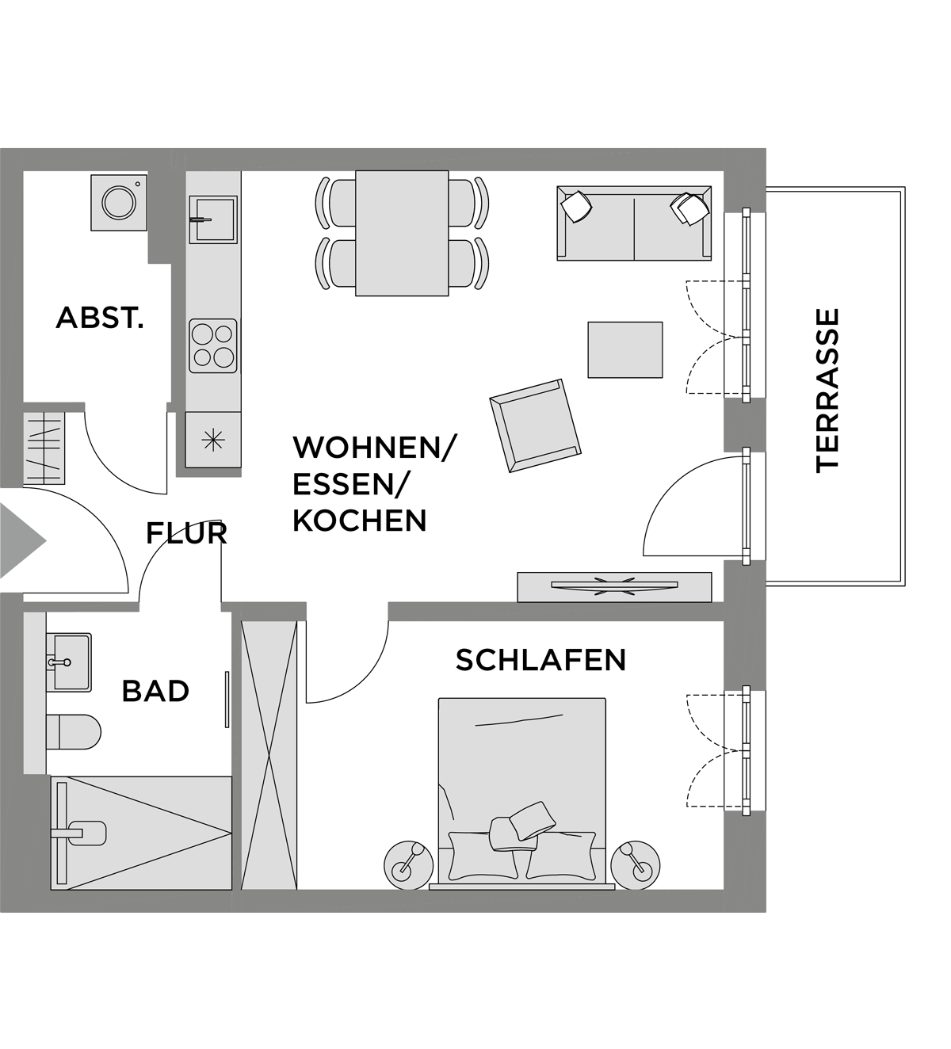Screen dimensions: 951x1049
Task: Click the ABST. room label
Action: (x=99, y=318)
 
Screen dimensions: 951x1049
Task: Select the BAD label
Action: (x=155, y=692)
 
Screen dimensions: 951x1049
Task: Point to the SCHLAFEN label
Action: (x=541, y=660)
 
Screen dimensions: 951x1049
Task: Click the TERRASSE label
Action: (x=827, y=391)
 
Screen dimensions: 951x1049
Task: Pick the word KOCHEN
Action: (x=360, y=521)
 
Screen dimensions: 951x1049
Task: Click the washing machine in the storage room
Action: (x=119, y=202)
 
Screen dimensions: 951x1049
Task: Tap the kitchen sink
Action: (x=213, y=219)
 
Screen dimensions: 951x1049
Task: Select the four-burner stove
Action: (x=213, y=345)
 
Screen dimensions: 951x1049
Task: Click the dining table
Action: (x=402, y=233)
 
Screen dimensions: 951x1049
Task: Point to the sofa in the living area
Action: (x=634, y=223)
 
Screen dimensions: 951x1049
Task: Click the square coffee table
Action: (x=625, y=350)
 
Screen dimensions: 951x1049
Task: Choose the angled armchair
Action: (x=536, y=425)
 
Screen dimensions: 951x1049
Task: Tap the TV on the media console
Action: (x=614, y=585)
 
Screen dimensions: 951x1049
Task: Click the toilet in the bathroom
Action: (x=73, y=732)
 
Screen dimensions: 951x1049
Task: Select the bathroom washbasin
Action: (x=68, y=662)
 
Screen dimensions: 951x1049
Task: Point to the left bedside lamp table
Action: (x=409, y=865)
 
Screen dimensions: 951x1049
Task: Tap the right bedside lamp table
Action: (x=635, y=865)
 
